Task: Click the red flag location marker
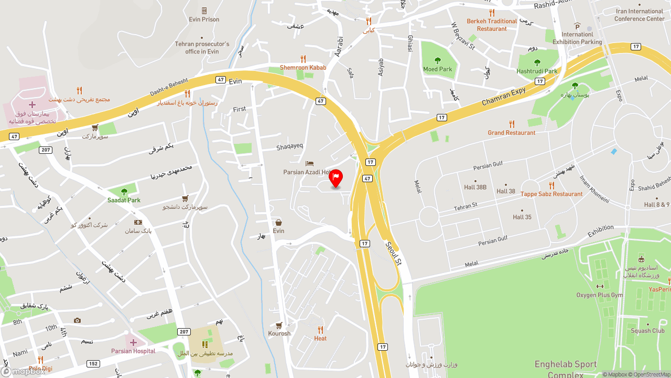tap(335, 177)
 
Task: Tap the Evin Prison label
tap(204, 19)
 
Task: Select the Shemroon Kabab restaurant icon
tap(303, 59)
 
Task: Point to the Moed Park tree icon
tap(438, 60)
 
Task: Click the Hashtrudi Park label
tap(537, 71)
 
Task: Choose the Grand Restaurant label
tap(512, 133)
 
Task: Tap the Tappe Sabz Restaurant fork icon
tap(551, 185)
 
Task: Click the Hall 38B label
tap(475, 187)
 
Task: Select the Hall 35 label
tap(522, 217)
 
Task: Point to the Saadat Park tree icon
tap(124, 192)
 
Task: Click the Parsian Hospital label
tap(133, 351)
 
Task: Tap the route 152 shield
tap(93, 364)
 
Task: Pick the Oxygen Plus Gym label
tap(600, 295)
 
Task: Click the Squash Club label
tap(647, 331)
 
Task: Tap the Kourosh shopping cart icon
tap(279, 325)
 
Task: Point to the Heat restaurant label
tap(320, 339)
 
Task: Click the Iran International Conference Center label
tap(639, 15)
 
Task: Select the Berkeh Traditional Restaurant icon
tap(492, 13)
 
